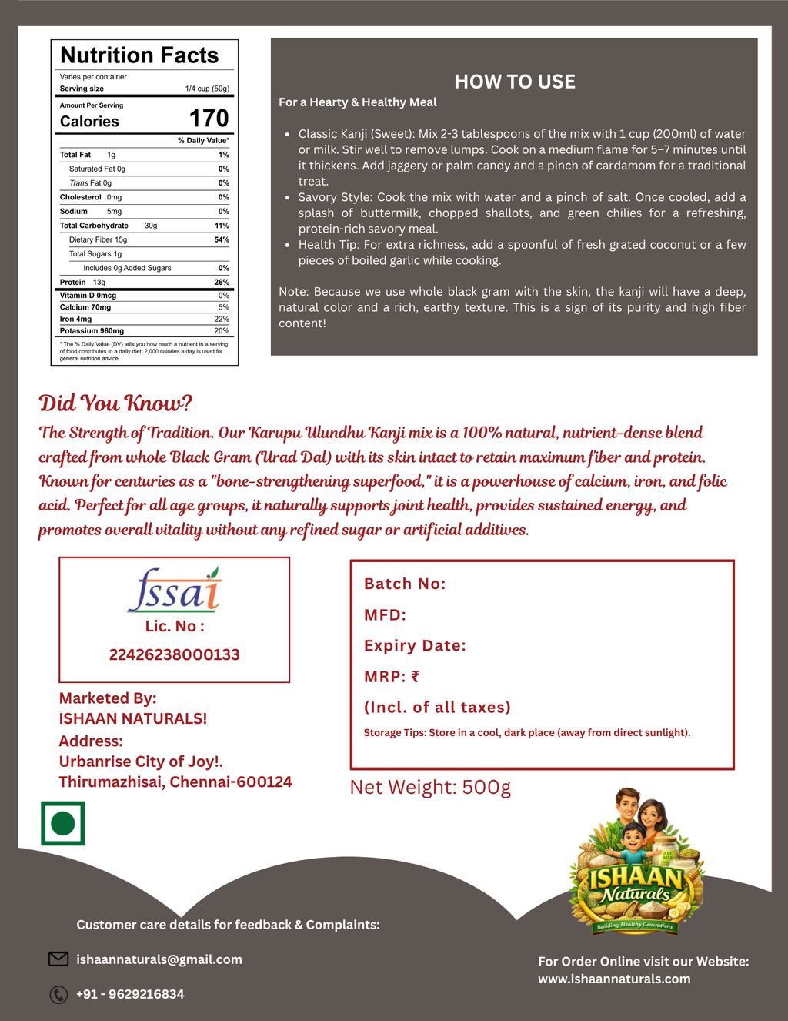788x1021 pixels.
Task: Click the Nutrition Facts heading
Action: pos(139,55)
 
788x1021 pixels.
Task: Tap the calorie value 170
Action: pos(209,119)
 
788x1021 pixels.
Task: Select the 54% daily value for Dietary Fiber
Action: pos(222,239)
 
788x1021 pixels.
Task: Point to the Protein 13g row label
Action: pos(82,283)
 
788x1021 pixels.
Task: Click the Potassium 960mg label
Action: pos(92,331)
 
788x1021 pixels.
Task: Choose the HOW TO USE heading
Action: pos(514,82)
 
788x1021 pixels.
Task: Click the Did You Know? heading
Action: pos(115,403)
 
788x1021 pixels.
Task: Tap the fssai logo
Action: pos(175,590)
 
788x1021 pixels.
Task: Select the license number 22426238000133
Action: pos(175,654)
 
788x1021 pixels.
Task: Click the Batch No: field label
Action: pos(405,584)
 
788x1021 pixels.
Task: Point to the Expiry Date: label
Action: pos(415,645)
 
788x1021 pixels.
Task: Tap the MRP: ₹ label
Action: pos(392,677)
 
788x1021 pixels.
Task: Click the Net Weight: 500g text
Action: pos(430,787)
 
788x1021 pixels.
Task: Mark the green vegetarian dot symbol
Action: pos(62,823)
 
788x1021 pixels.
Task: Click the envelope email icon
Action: pos(58,959)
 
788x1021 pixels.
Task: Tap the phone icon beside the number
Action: pos(58,995)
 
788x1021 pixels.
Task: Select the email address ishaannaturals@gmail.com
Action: pos(159,959)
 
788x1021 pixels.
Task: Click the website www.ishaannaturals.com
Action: pos(614,979)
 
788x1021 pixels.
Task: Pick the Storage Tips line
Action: pos(526,732)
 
